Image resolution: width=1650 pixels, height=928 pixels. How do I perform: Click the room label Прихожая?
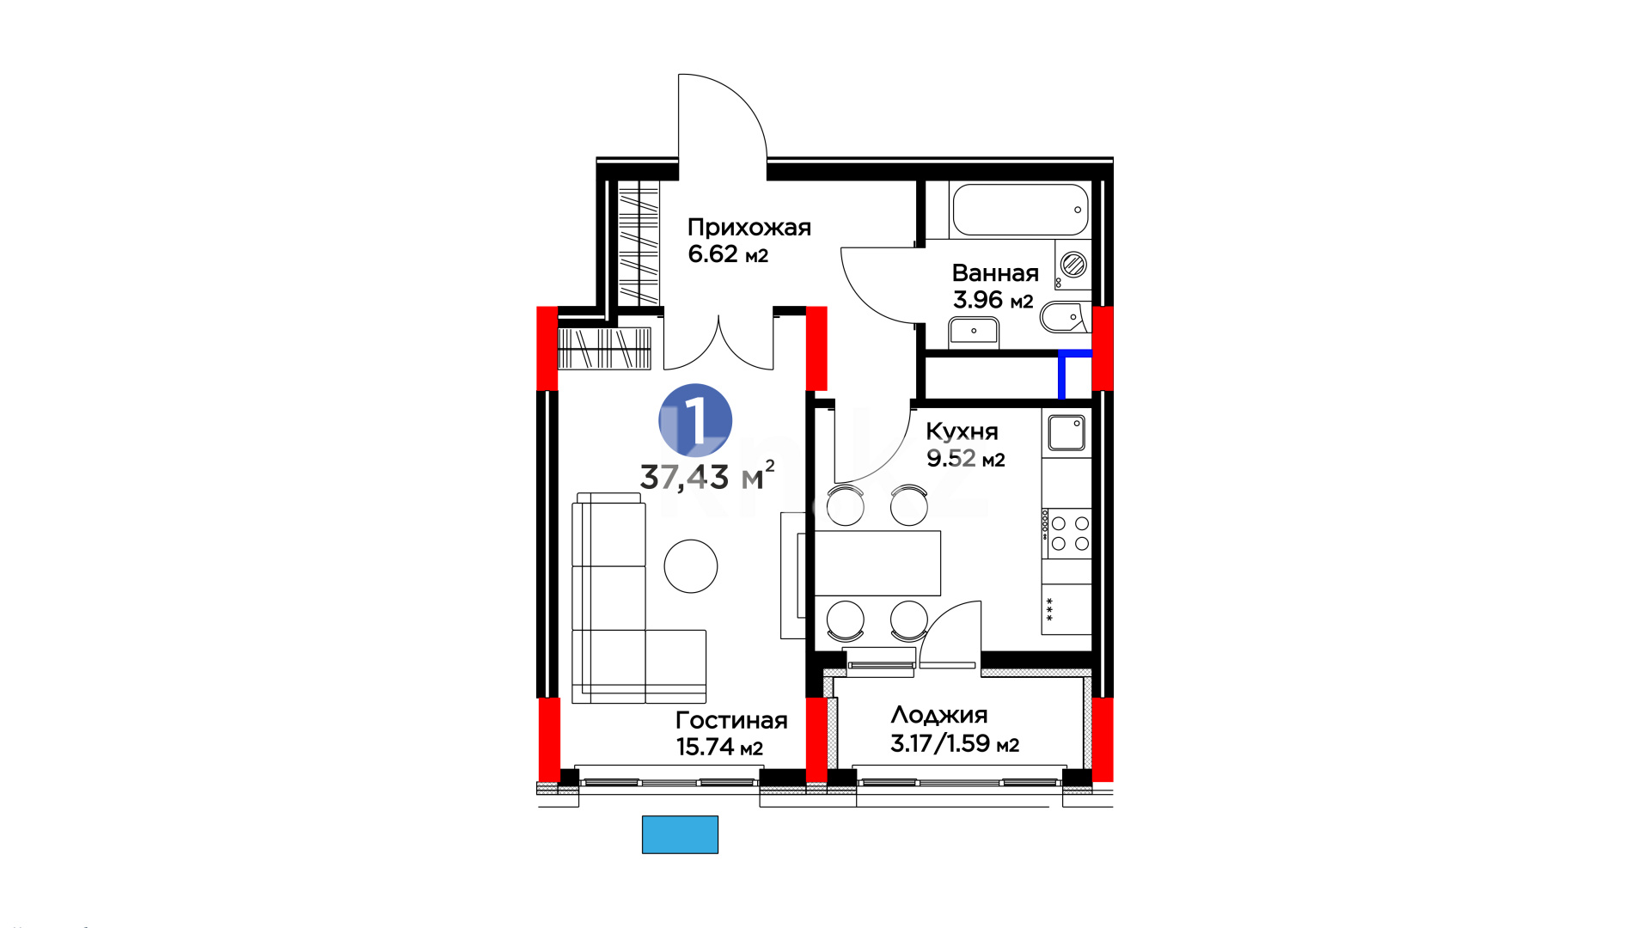tap(749, 229)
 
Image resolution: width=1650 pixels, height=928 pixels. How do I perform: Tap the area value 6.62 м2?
tap(728, 254)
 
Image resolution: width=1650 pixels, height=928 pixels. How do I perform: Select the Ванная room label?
tap(995, 273)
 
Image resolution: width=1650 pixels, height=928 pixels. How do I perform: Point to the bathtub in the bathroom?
tap(1020, 210)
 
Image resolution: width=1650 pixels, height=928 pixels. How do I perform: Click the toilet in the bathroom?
tap(1064, 318)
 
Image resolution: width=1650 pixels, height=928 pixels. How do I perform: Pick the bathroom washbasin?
tap(974, 330)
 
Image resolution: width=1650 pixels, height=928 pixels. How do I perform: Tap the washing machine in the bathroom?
tap(1072, 265)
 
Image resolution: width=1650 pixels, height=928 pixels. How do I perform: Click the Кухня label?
tap(962, 432)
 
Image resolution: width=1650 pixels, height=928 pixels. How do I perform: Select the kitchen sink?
tap(1066, 433)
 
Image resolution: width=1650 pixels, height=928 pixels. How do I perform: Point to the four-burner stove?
tap(1066, 534)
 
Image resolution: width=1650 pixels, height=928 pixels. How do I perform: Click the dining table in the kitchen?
tap(877, 563)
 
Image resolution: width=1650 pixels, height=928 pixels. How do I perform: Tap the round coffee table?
tap(691, 566)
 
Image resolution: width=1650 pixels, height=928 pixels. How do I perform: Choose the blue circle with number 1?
tap(695, 420)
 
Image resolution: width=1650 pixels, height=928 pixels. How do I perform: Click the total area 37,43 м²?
tap(707, 476)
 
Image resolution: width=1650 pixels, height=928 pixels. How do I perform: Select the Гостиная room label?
tap(731, 721)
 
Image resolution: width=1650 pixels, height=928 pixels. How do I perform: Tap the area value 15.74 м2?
tap(719, 748)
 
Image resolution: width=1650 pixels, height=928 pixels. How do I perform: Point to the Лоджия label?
tap(939, 716)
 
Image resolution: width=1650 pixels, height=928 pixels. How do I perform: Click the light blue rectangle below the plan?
tap(680, 834)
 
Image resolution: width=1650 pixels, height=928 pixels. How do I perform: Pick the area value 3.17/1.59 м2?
tap(955, 743)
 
